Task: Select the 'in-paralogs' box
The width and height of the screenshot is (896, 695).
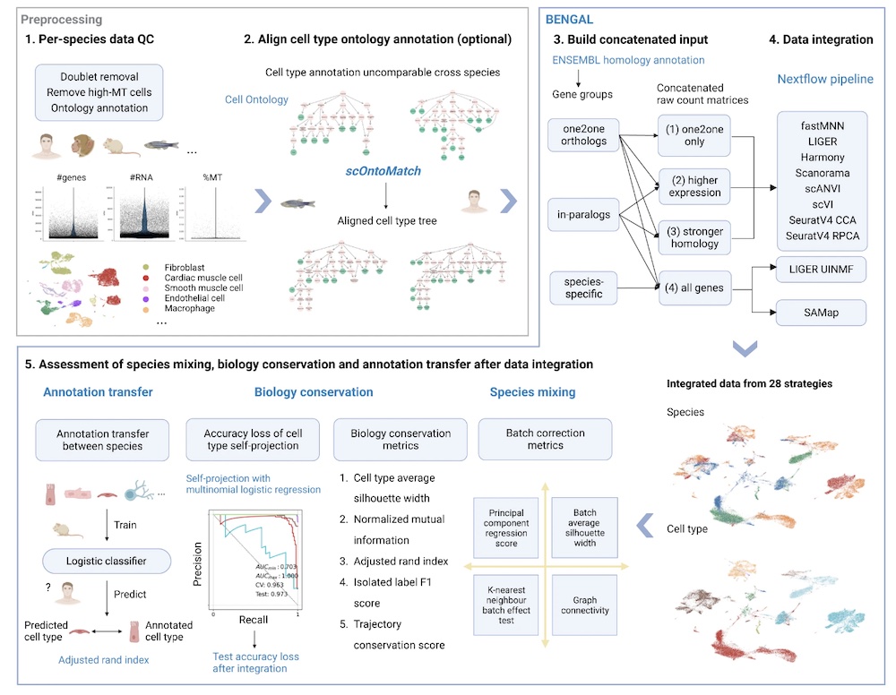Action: tap(582, 214)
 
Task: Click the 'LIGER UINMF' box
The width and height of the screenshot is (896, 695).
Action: tap(822, 268)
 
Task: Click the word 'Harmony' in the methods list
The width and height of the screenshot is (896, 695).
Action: tap(822, 158)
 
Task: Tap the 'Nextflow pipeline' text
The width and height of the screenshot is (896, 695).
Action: tap(824, 79)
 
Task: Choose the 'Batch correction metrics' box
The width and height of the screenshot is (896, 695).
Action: tap(546, 440)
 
